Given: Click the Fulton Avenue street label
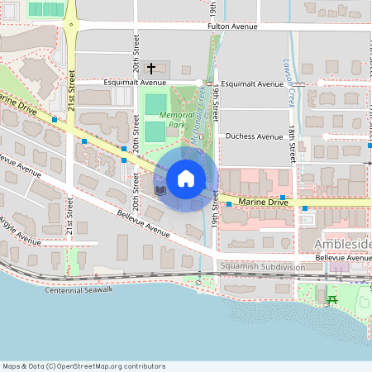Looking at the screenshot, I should [x=235, y=26].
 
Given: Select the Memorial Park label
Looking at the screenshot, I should [x=177, y=120].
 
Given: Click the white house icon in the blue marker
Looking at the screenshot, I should [x=186, y=179].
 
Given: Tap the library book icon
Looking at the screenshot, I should [x=160, y=190].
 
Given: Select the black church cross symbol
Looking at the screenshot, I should [x=151, y=69].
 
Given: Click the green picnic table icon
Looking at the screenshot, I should [x=332, y=299].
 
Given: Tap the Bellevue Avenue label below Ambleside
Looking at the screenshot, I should [x=343, y=258].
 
